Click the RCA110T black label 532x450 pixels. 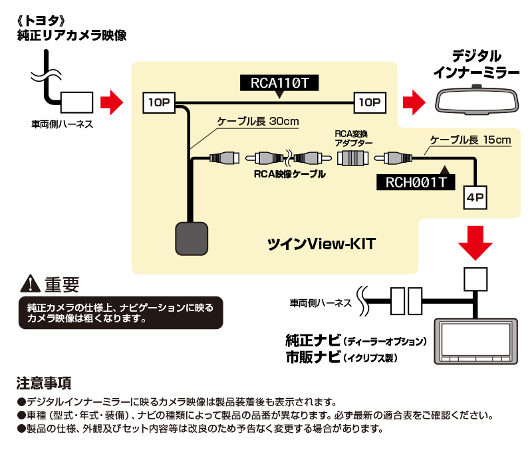(x=279, y=83)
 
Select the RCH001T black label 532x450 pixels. (x=416, y=182)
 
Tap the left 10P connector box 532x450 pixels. (x=159, y=102)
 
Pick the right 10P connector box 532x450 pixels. (x=370, y=102)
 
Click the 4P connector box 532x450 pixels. (x=475, y=197)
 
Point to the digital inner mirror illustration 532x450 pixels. (x=477, y=100)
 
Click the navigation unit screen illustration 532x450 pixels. (x=476, y=342)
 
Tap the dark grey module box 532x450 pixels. (x=192, y=239)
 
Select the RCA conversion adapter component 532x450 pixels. (x=353, y=158)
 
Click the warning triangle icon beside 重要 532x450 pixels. (x=31, y=284)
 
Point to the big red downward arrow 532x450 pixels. (x=475, y=243)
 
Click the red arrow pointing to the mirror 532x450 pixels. (x=414, y=102)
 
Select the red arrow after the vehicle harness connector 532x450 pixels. (x=112, y=102)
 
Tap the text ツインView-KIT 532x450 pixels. (x=321, y=244)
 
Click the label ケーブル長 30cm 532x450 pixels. (x=258, y=122)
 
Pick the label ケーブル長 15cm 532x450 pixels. (x=470, y=140)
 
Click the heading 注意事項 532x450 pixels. (x=44, y=383)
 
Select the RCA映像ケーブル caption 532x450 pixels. (x=290, y=174)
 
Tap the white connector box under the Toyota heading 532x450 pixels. (x=76, y=102)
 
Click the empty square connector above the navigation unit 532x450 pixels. (x=475, y=279)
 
